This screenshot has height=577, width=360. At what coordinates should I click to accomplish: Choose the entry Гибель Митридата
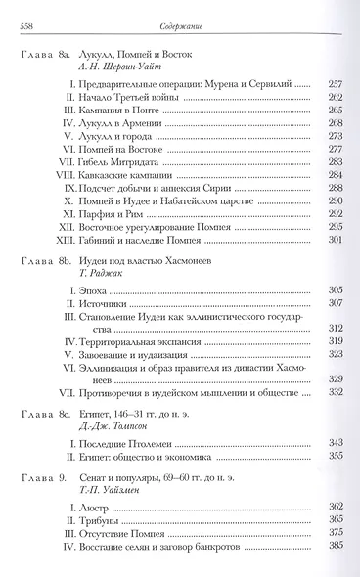pyautogui.click(x=120, y=189)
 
